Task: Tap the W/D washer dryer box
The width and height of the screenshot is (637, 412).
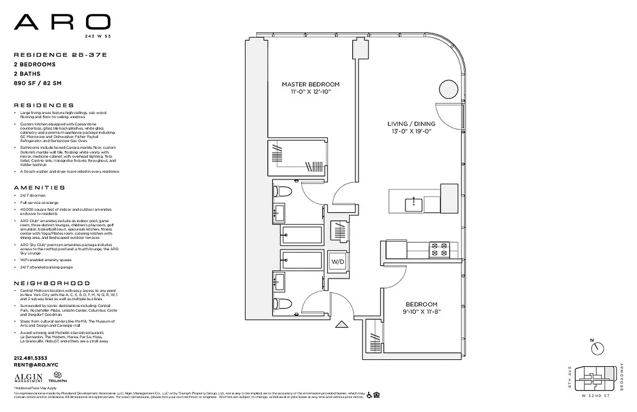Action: point(337,262)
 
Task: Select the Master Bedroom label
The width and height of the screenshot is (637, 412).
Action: point(311,84)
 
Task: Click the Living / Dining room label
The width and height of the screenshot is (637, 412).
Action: point(411,124)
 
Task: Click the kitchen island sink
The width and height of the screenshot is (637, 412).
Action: point(414,204)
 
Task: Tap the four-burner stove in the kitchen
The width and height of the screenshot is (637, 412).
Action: point(440,250)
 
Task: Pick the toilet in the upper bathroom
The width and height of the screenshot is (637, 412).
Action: point(282,192)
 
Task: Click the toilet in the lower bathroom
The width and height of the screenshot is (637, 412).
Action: point(282,303)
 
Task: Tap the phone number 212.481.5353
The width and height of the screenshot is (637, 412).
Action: point(30,358)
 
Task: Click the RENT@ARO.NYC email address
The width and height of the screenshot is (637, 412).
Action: point(36,365)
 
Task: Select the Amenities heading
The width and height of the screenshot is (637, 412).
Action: point(40,188)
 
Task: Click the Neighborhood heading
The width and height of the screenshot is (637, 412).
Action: point(51,283)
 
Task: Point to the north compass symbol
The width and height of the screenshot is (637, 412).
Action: point(597,348)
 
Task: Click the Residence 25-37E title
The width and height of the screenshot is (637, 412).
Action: point(48,55)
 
